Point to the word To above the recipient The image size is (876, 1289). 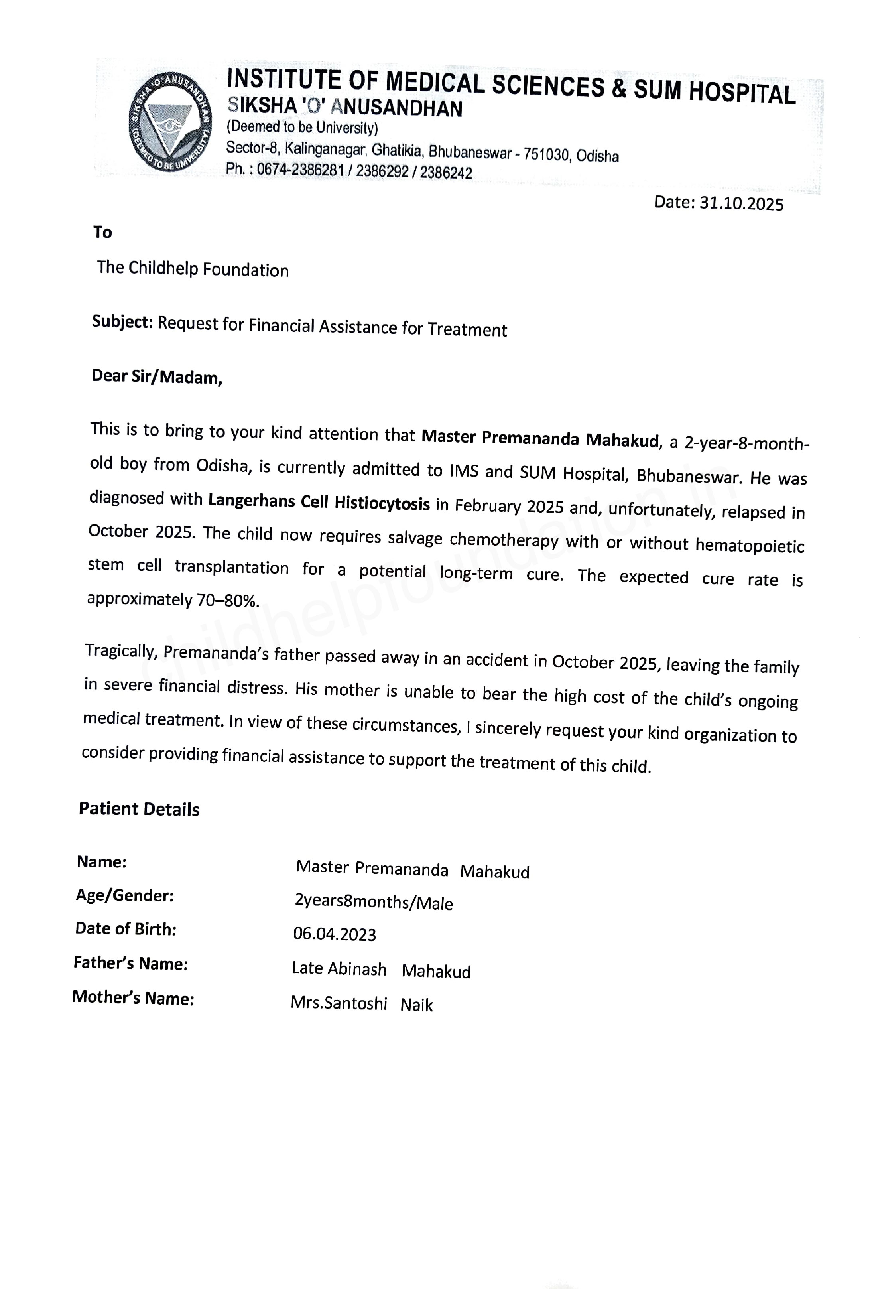pyautogui.click(x=102, y=232)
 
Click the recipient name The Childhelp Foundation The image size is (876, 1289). pyautogui.click(x=193, y=269)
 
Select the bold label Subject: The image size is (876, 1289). pyautogui.click(x=122, y=322)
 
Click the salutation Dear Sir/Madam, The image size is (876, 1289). pyautogui.click(x=157, y=376)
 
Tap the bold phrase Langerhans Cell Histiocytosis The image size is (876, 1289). pyautogui.click(x=319, y=502)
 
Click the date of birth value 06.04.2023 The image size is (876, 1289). pyautogui.click(x=334, y=934)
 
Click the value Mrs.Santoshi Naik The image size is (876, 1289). pyautogui.click(x=362, y=1004)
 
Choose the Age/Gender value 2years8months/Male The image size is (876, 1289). pyautogui.click(x=374, y=902)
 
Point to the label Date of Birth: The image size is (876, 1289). pyautogui.click(x=126, y=929)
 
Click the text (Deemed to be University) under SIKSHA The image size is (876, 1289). pyautogui.click(x=302, y=128)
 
